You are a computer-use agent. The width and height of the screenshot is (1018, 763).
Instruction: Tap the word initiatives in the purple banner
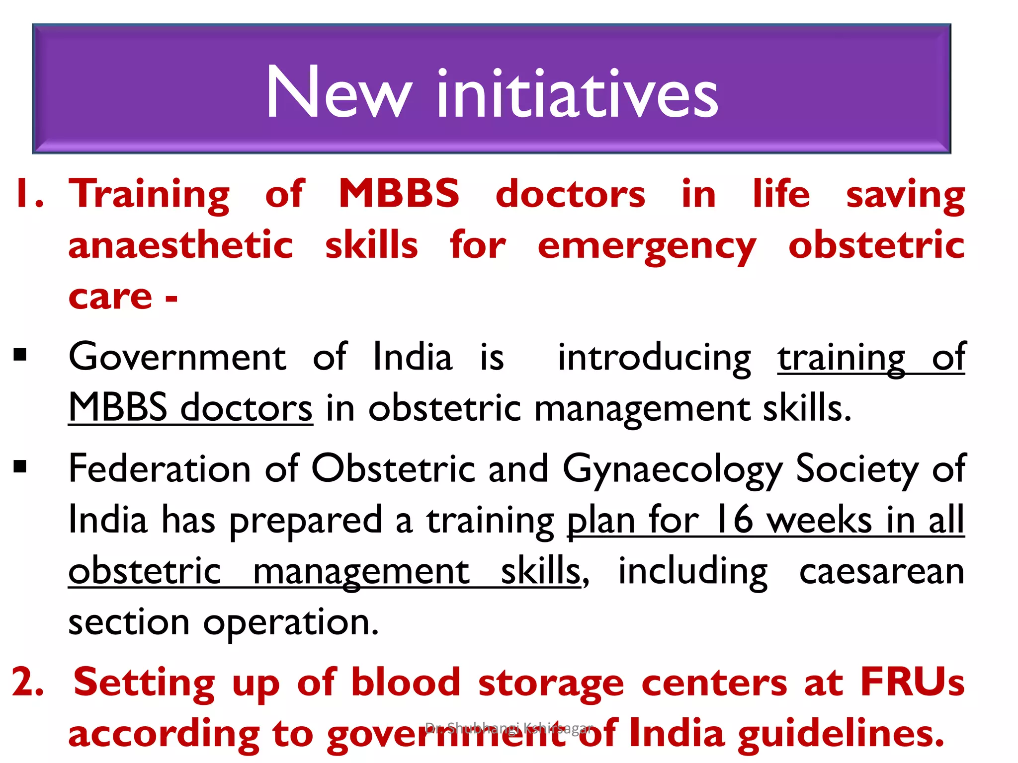[x=577, y=94]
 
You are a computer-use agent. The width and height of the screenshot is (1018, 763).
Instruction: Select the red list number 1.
[x=28, y=194]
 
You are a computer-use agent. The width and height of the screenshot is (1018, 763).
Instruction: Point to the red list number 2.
[x=27, y=682]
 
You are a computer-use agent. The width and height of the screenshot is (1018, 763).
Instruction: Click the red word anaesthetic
[x=181, y=245]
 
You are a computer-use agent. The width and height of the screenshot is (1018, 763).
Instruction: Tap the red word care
[x=110, y=297]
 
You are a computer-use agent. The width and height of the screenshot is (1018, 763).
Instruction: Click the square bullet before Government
[x=20, y=355]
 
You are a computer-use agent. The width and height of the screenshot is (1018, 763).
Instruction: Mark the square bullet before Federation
[x=20, y=466]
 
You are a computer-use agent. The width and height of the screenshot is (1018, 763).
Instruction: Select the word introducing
[x=654, y=358]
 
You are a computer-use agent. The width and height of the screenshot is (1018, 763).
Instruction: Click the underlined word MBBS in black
[x=118, y=408]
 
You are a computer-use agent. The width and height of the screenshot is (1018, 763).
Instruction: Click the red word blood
[x=406, y=682]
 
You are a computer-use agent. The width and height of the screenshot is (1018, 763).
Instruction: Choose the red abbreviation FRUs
[x=912, y=682]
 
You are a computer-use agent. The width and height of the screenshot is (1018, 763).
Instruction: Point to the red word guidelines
[x=841, y=734]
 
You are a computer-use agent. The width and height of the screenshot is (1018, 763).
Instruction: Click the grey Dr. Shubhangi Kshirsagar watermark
[x=509, y=728]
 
